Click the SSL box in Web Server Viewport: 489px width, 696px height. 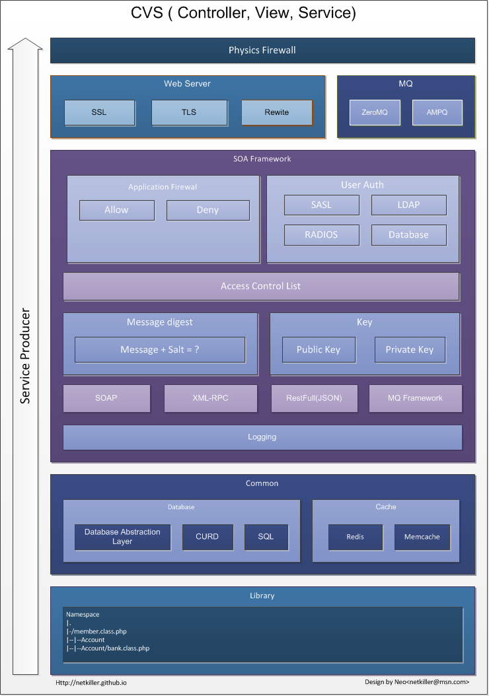(100, 112)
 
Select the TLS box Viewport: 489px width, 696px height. (189, 112)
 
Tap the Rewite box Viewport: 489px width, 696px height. (277, 112)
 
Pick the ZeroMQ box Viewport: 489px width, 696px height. (375, 112)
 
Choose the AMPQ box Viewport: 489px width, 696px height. (437, 112)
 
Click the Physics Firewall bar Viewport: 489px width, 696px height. (262, 51)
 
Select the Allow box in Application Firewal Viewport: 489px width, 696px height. (117, 210)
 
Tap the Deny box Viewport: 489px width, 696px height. (208, 210)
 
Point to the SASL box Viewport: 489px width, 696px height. (322, 205)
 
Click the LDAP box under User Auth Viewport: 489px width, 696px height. (408, 205)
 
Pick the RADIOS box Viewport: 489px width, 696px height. (322, 235)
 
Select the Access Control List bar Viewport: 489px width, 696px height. (261, 287)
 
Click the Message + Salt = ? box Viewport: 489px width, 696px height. (160, 350)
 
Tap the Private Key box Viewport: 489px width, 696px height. (410, 350)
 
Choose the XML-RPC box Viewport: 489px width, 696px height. (211, 398)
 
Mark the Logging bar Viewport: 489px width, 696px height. (262, 437)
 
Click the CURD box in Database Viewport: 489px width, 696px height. (207, 537)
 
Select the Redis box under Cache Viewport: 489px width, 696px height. (356, 537)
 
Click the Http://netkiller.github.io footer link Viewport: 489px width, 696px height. (91, 683)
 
